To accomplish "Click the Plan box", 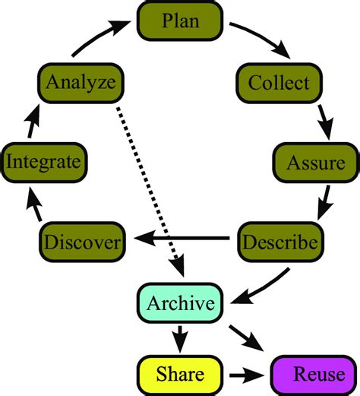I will point(179,21).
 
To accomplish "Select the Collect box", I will point(274,82).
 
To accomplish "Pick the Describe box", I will point(279,242).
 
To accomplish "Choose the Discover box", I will point(82,242).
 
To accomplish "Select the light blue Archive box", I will point(180,303).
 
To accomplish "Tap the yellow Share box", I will point(180,373).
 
